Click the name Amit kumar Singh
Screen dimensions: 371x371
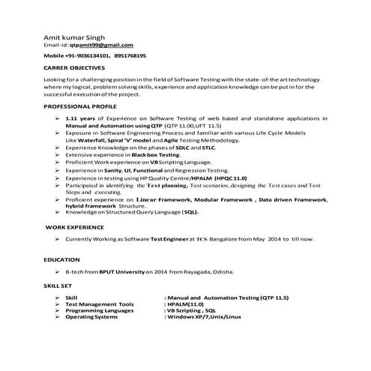point(73,37)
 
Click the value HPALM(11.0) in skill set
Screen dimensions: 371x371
point(187,304)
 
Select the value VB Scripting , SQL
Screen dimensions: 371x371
point(192,311)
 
